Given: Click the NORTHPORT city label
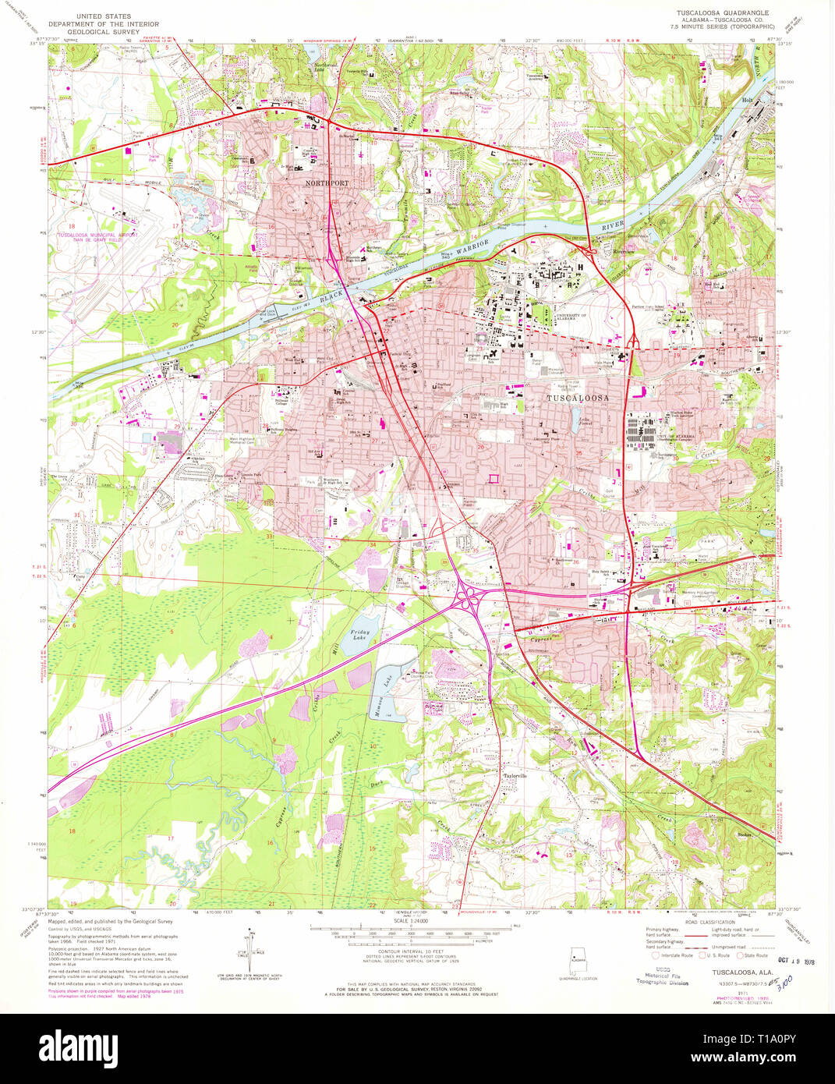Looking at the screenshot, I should point(328,182).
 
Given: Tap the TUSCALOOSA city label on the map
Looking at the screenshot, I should point(577,398).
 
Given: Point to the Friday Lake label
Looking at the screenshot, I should point(359,635).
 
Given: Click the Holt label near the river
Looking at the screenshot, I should point(746,101).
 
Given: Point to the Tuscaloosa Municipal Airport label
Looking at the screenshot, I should point(97,236).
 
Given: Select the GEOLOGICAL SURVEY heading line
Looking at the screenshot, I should point(101,32).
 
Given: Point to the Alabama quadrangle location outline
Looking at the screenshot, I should point(578,958).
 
